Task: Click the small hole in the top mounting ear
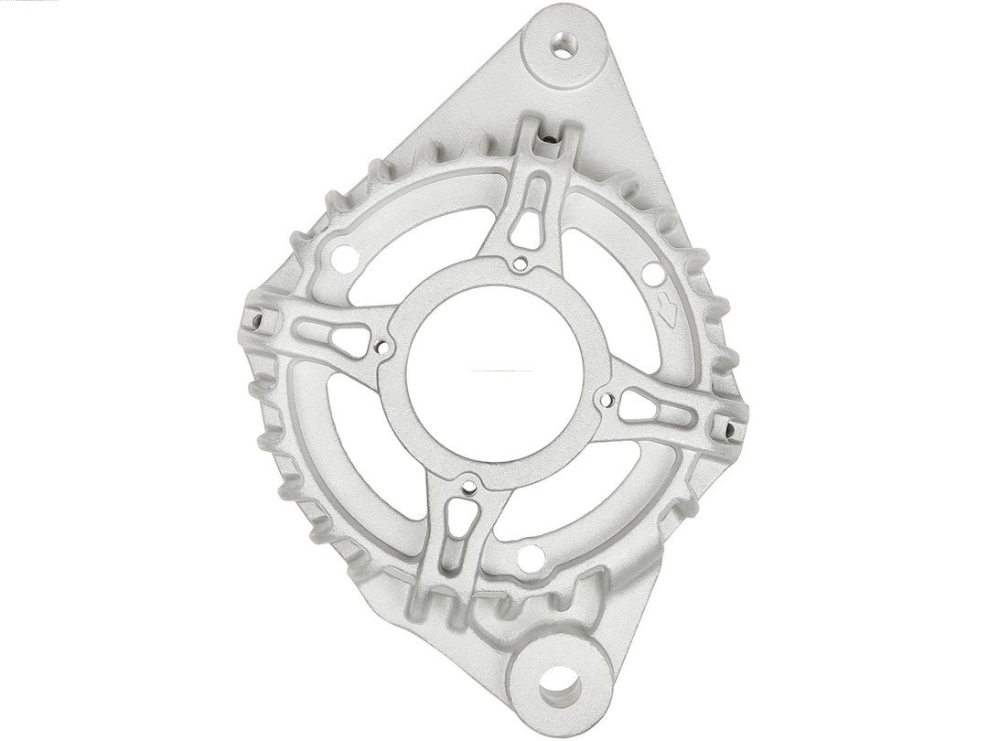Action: point(564,43)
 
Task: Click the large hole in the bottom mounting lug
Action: point(559,683)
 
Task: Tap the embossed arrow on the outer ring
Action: point(668,311)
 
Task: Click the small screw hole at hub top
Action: point(520,265)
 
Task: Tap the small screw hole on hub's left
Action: point(381,348)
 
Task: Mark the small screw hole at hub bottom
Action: point(469,487)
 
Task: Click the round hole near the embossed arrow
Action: point(652,273)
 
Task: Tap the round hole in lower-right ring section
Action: point(531,557)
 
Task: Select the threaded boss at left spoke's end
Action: point(257,319)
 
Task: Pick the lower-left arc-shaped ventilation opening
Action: point(366,448)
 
